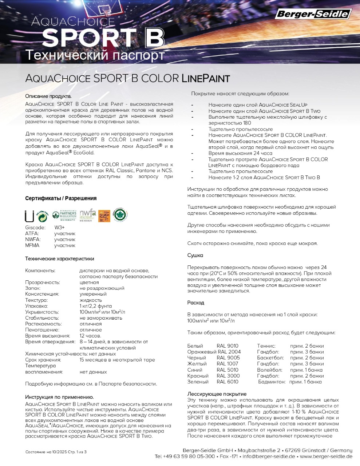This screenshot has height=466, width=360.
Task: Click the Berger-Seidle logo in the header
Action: [x=313, y=14]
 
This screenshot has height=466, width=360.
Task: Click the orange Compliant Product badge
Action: [x=104, y=216]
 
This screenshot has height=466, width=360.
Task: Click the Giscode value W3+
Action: [x=59, y=228]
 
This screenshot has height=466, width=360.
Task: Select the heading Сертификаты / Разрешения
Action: [x=61, y=198]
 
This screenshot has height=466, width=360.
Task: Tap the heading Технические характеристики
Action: [x=60, y=259]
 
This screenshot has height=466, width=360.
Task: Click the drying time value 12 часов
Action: [x=91, y=336]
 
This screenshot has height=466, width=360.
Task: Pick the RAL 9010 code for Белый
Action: [x=228, y=346]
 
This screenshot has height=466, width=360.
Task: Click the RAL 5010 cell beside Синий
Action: [x=228, y=370]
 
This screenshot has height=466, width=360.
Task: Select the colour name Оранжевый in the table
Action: [x=202, y=352]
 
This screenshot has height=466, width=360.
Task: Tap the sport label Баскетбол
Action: [x=270, y=358]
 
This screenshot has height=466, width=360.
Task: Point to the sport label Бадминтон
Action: [x=272, y=382]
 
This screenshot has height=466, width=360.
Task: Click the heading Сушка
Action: [x=195, y=256]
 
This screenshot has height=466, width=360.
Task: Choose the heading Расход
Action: [x=196, y=303]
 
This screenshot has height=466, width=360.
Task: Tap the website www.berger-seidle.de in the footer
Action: [x=326, y=457]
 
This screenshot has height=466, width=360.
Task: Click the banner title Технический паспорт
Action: [x=95, y=55]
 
